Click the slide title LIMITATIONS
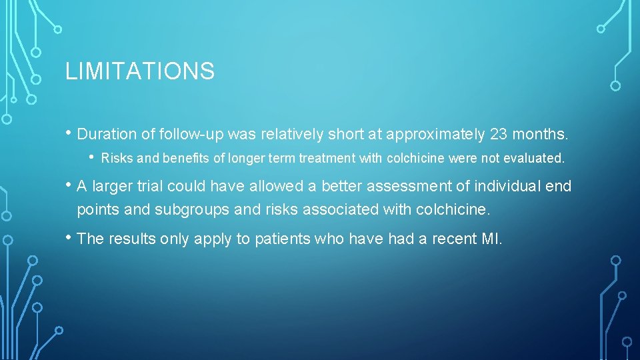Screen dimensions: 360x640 pos(140,71)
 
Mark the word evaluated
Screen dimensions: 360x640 pos(534,159)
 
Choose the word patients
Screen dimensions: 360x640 pos(279,239)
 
